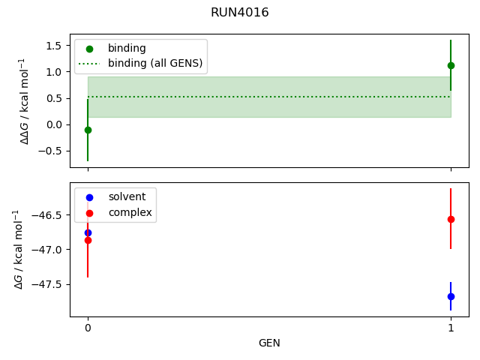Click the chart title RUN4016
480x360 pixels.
pos(240,13)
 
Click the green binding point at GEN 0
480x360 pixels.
pos(88,130)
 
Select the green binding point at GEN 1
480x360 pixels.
pos(451,65)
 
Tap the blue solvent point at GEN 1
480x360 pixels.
pos(451,296)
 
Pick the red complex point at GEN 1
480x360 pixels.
pos(451,219)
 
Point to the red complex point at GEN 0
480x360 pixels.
pos(88,240)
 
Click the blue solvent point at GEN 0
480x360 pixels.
pos(88,232)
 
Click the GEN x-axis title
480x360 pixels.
pos(269,343)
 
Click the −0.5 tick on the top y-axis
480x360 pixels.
pos(51,151)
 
